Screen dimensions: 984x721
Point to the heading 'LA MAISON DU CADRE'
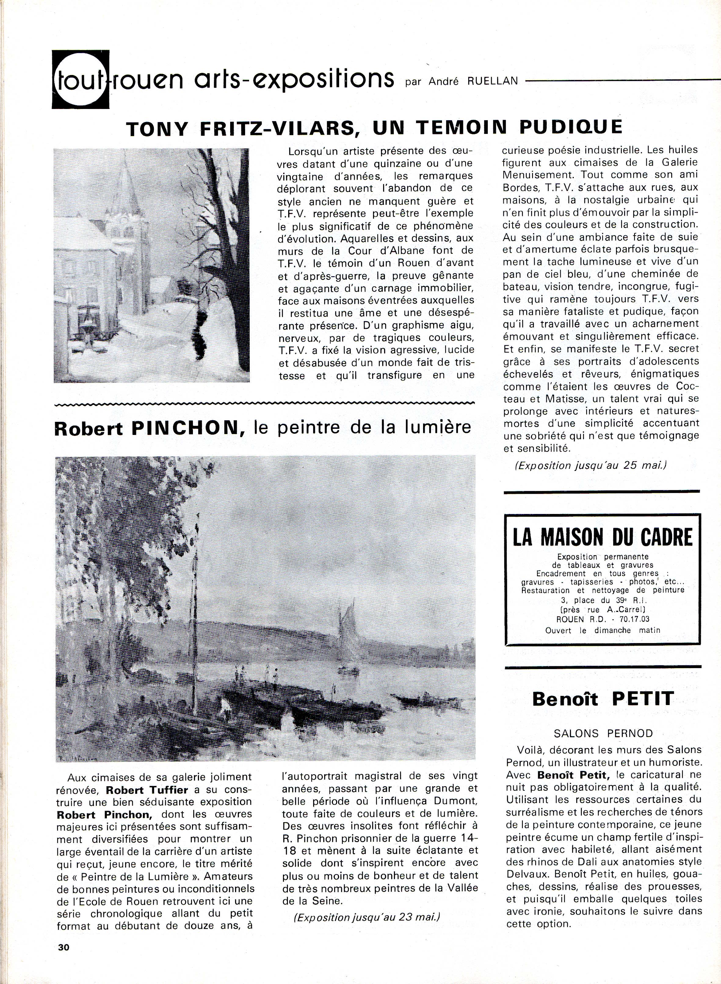click(x=602, y=537)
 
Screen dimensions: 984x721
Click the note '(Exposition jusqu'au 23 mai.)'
click(x=367, y=916)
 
